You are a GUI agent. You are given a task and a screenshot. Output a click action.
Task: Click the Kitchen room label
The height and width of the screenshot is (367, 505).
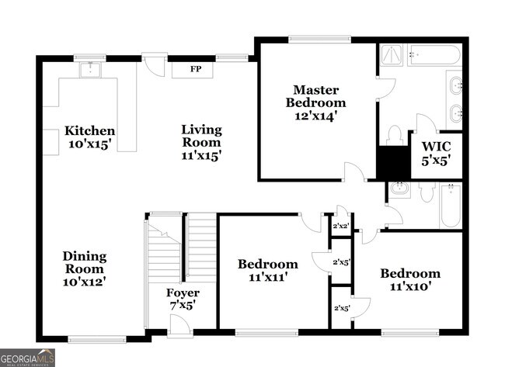point(90,131)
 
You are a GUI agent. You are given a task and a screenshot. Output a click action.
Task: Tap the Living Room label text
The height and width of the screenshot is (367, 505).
point(201,130)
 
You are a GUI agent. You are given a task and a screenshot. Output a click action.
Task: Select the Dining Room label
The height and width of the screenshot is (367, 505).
point(85,256)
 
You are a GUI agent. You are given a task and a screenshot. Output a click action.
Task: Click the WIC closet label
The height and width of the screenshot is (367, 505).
point(436,147)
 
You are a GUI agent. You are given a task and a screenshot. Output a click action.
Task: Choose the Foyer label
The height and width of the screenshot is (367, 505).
point(183,293)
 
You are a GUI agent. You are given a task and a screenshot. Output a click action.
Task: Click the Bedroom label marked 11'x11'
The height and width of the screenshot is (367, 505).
point(267,264)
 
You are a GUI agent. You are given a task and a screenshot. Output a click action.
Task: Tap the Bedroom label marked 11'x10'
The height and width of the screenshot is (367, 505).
point(409,273)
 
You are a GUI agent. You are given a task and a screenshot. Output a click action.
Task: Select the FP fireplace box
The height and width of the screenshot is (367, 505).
point(197,69)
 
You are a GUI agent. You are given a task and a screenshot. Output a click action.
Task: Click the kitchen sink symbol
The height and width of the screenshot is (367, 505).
point(95,70)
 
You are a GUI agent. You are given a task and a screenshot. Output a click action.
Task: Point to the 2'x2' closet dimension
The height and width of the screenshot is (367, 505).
point(341,227)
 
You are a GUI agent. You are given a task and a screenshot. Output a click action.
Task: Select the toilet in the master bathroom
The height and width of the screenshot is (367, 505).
point(394,135)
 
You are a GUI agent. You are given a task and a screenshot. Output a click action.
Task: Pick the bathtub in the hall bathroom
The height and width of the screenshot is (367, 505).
point(451,206)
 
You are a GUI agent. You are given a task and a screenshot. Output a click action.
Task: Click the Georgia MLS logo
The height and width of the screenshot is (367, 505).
point(28,358)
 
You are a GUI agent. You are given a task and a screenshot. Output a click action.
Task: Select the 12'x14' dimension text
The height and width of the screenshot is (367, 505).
point(315,116)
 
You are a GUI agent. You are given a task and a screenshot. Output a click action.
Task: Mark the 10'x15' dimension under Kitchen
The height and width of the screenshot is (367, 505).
point(90,145)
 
